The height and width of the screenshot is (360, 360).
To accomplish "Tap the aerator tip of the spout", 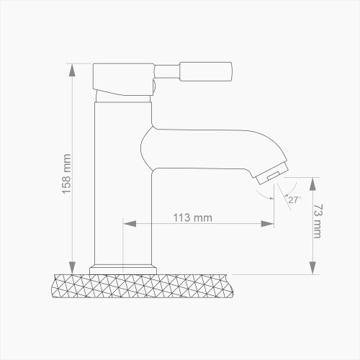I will (272, 176).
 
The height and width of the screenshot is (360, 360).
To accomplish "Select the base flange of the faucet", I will (122, 271).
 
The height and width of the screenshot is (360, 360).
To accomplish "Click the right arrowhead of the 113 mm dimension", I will (271, 225).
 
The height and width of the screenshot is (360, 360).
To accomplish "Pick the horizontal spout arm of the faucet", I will (209, 148).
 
